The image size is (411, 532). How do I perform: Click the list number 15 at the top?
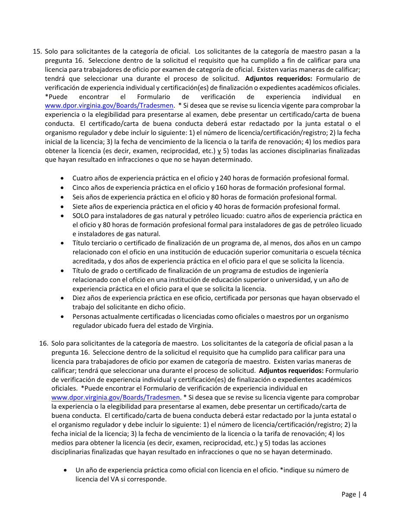tap(37, 51)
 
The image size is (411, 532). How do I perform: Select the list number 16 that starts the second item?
tap(43, 343)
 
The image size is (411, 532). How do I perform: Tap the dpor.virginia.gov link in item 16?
tap(116, 397)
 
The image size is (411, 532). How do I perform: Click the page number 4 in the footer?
tap(365, 494)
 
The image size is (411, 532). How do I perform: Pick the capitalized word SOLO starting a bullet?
tap(80, 216)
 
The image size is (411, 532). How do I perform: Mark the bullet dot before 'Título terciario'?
tap(64, 244)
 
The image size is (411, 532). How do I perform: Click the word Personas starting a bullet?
tap(86, 317)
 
